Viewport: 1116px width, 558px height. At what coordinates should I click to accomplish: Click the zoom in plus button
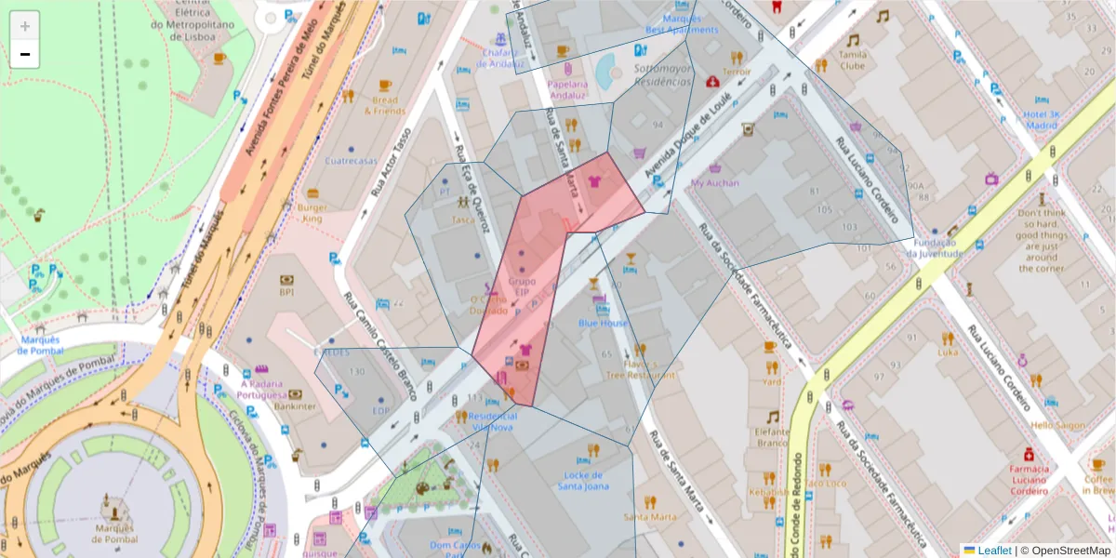(25, 26)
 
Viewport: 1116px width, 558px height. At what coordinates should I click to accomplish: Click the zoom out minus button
(25, 55)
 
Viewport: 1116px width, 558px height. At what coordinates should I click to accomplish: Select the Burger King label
(312, 213)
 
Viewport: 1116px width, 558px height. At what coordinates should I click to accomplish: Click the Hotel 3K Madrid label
(1042, 119)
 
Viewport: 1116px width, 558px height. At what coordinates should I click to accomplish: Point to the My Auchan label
(714, 182)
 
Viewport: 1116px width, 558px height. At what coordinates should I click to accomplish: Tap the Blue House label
(603, 323)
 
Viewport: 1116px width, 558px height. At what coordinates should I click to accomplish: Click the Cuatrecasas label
(352, 160)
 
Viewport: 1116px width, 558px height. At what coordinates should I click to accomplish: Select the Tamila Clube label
(852, 60)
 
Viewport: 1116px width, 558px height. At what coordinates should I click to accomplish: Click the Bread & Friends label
(384, 105)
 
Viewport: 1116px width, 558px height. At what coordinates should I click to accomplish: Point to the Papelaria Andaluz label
(567, 88)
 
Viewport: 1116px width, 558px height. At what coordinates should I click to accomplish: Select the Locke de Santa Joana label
(583, 480)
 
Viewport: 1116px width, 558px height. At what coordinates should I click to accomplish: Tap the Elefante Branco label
(772, 437)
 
